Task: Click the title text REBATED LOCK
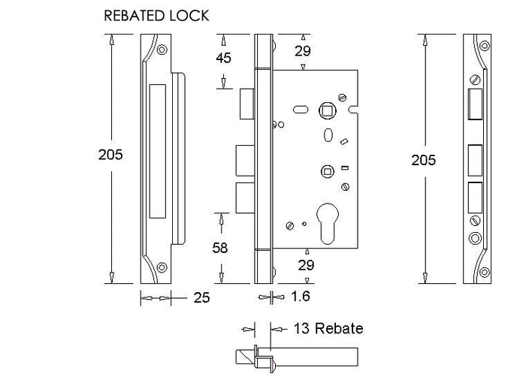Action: [156, 16]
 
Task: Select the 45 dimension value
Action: [223, 58]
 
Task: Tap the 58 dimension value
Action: [220, 248]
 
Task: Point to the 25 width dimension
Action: [201, 297]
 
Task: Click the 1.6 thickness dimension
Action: [301, 297]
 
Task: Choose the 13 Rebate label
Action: [328, 328]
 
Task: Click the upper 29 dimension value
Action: [303, 51]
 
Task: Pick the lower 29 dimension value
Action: [306, 265]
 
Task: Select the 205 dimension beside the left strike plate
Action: [110, 155]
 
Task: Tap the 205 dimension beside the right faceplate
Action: [423, 160]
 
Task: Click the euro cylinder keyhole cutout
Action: [328, 223]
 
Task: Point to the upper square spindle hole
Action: [327, 110]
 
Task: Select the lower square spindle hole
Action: [327, 172]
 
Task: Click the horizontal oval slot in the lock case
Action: [301, 110]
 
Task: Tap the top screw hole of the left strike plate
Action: [162, 50]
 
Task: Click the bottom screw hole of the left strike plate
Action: [162, 267]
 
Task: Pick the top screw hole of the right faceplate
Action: [485, 46]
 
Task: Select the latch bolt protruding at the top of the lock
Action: [247, 104]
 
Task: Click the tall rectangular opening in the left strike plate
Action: [157, 151]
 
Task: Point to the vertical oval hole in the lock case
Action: [328, 134]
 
